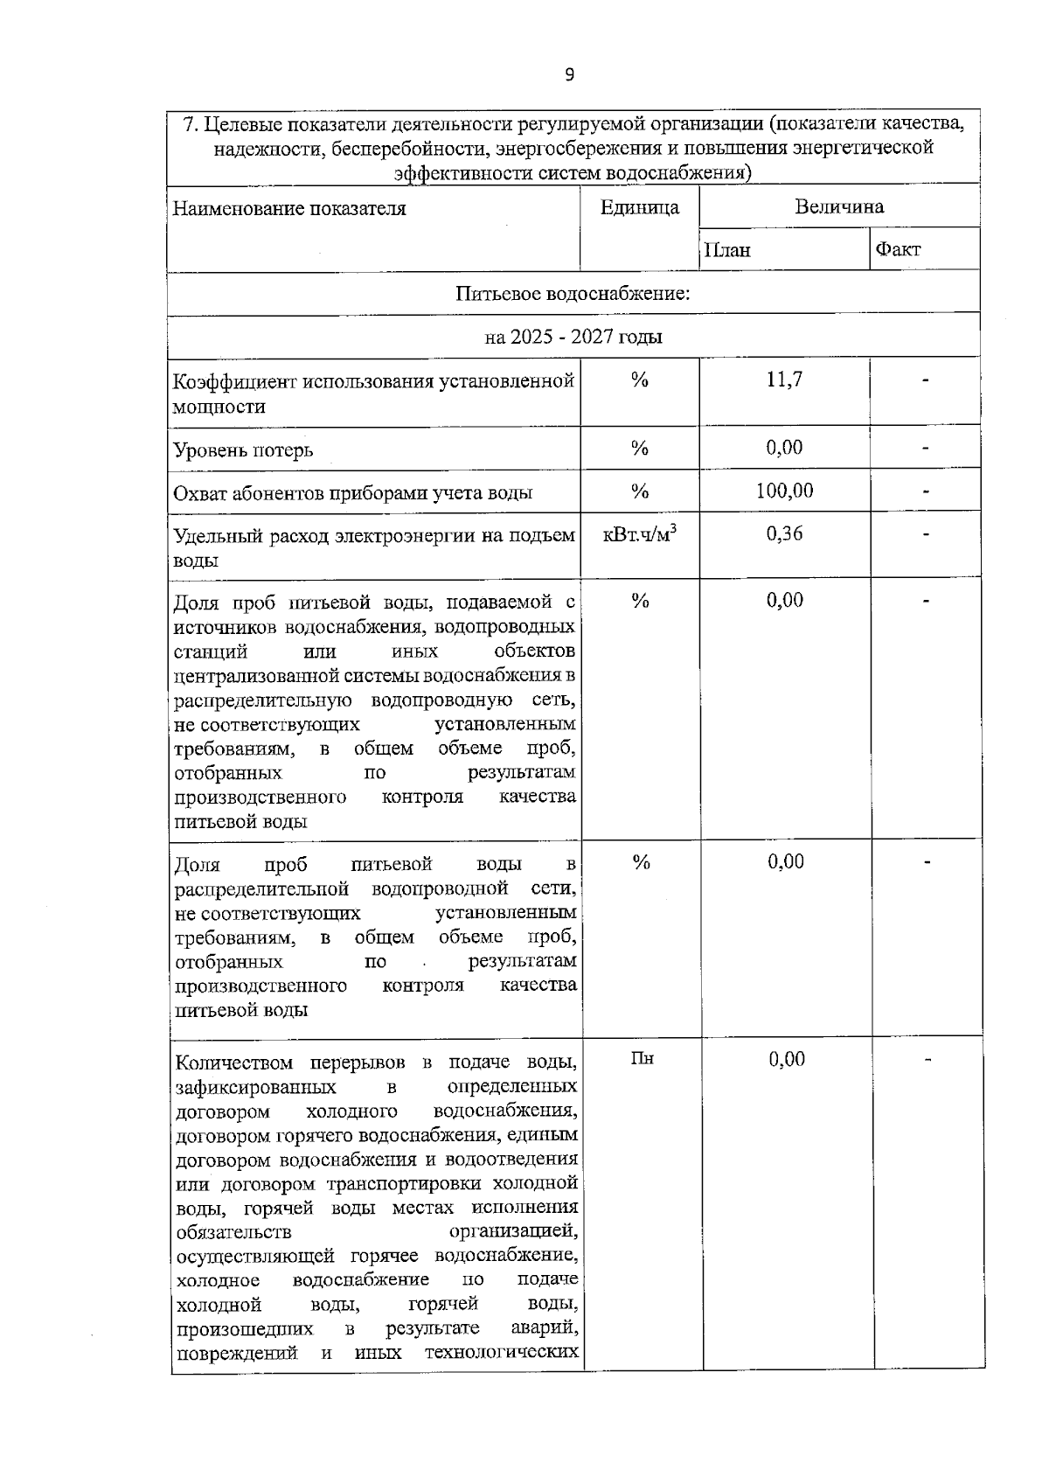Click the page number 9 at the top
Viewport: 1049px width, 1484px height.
coord(570,74)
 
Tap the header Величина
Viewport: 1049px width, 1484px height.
coord(839,206)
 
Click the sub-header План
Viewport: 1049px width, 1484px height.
coord(727,250)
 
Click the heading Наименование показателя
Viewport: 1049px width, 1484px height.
coord(289,209)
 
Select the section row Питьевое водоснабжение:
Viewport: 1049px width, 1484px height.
coord(573,293)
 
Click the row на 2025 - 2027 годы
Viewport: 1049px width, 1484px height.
coord(573,337)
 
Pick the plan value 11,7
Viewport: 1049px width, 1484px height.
coord(784,380)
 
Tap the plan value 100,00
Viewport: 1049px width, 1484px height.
coord(784,491)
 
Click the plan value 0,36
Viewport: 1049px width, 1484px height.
coord(784,533)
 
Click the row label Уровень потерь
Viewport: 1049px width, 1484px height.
coord(243,450)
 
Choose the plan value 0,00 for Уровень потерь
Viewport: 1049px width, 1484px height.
coord(784,448)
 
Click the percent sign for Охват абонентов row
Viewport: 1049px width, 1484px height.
coord(640,491)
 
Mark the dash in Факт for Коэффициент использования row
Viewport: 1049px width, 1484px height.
coord(925,380)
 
